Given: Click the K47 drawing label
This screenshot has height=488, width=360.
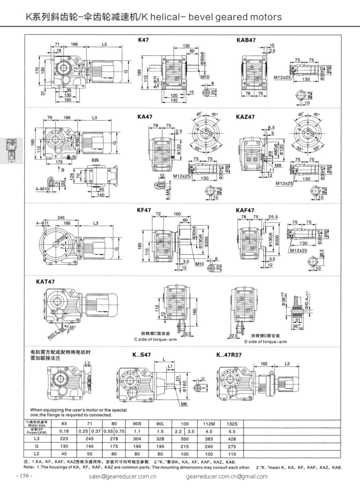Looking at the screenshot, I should click(x=143, y=40).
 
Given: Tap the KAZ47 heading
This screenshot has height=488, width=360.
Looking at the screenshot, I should click(x=245, y=117).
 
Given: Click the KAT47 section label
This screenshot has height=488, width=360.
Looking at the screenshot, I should click(x=45, y=282).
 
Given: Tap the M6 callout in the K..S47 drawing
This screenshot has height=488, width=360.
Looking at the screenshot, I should click(x=184, y=404).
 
